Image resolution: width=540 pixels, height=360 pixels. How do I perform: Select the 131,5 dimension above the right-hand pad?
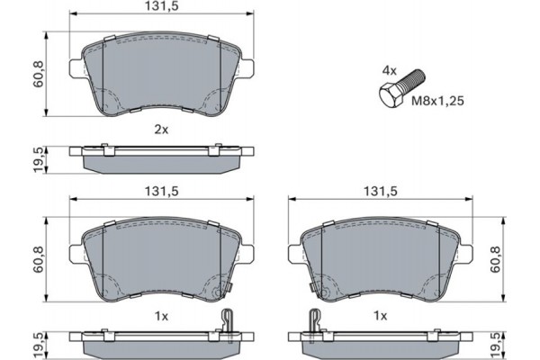point(381,192)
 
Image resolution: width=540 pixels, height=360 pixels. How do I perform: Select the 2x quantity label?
point(161,130)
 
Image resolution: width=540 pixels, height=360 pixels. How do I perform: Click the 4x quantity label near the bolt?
point(389,69)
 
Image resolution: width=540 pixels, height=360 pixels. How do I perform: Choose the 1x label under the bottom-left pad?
point(161,316)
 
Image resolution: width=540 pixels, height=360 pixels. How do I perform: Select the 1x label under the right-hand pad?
point(381,316)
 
